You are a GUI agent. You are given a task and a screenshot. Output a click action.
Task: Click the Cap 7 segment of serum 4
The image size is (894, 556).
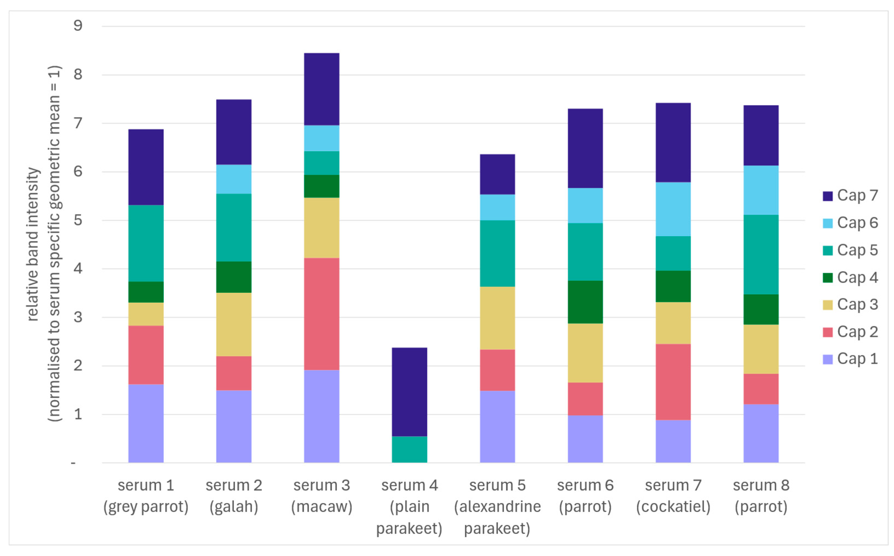tap(409, 392)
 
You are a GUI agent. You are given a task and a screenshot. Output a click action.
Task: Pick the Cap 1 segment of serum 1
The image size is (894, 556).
tap(146, 423)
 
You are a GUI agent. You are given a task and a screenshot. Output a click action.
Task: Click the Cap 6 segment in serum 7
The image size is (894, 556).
tap(673, 209)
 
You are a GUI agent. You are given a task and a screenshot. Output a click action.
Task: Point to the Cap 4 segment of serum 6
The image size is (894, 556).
tap(585, 302)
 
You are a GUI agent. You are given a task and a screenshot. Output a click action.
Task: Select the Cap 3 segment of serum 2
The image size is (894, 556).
tap(234, 324)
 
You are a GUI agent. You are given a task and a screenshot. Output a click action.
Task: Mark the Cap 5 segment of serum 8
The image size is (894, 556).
tap(761, 254)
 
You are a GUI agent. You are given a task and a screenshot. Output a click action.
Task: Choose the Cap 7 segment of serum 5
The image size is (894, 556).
tap(497, 174)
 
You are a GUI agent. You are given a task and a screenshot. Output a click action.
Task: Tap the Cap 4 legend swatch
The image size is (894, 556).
tap(827, 278)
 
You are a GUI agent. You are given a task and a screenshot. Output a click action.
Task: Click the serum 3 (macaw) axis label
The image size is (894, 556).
tap(321, 496)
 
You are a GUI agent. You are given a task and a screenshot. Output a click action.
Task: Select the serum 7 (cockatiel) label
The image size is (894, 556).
tap(673, 496)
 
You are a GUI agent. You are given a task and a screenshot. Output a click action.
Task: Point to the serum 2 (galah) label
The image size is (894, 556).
tap(234, 496)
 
